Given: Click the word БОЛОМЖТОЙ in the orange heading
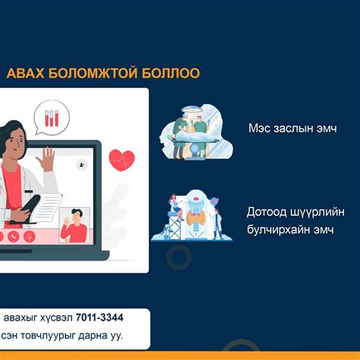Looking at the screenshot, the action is click(93, 73).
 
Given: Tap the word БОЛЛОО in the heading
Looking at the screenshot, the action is click(171, 73).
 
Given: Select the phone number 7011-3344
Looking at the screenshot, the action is click(99, 317).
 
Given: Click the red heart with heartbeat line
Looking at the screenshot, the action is click(122, 160).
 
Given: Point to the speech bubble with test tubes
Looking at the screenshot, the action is click(52, 118).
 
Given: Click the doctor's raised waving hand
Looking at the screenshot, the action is click(46, 159).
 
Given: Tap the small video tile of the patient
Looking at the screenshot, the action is click(74, 225).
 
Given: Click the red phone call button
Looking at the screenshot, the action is click(14, 236).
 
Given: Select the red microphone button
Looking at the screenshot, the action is click(30, 236).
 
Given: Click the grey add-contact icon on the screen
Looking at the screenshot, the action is click(82, 165).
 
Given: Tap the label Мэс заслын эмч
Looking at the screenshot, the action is click(292, 128).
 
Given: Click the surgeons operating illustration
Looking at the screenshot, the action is click(196, 131).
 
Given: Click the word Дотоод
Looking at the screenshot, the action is click(267, 212).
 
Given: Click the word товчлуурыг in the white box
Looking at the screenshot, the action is click(48, 336).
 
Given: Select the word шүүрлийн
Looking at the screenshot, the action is click(317, 212).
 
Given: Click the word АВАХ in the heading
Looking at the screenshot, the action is click(25, 73).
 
